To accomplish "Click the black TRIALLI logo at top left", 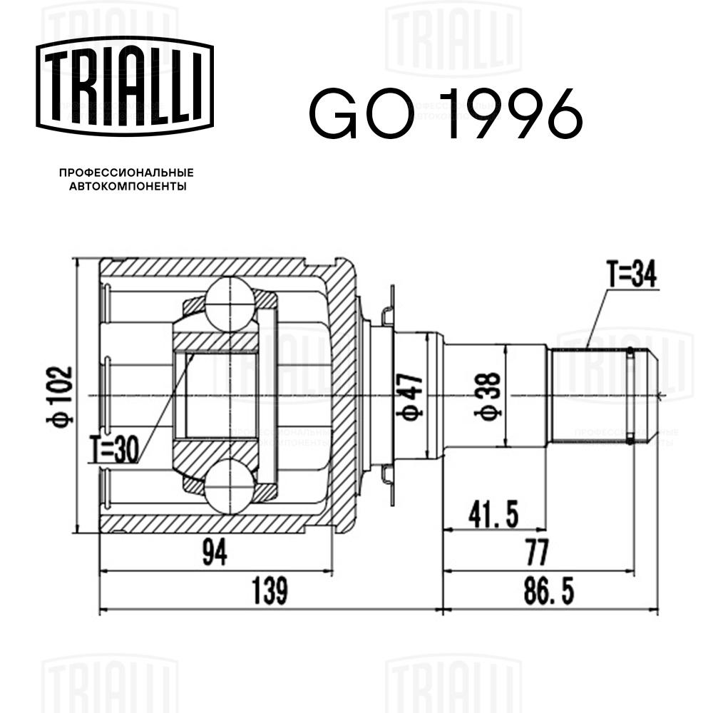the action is click(125, 86).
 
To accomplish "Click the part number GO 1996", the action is click(446, 113).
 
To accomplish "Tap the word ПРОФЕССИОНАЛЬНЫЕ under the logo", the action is click(126, 173).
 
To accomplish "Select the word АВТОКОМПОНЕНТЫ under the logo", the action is click(128, 186).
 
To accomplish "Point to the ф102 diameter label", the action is click(60, 396).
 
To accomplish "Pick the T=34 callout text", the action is click(632, 275).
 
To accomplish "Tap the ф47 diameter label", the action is click(410, 396).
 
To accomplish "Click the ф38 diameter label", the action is click(487, 396).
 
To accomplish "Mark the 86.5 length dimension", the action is click(549, 591).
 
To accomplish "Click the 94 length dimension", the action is click(215, 553).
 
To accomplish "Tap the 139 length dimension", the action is click(270, 591).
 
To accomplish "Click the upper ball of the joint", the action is click(230, 304).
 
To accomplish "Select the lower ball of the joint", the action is click(230, 487).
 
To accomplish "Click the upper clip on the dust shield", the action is click(388, 314).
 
